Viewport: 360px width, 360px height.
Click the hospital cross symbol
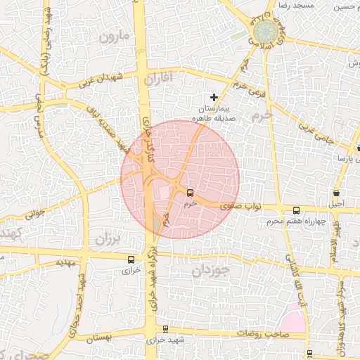tap(214, 96)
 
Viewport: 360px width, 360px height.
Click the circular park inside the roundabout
tap(265, 32)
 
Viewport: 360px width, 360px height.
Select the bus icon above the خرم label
tap(190, 192)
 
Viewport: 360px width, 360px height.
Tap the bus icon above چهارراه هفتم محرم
tap(296, 210)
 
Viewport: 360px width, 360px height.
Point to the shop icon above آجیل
tap(337, 193)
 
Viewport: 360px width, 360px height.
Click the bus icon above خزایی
tap(130, 258)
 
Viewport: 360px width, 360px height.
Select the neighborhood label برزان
tap(108, 239)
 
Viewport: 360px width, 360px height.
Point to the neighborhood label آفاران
tap(158, 79)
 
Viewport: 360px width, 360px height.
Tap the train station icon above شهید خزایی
tap(165, 328)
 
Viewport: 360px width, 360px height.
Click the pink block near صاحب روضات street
tap(295, 320)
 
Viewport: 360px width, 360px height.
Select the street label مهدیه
tap(65, 262)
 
